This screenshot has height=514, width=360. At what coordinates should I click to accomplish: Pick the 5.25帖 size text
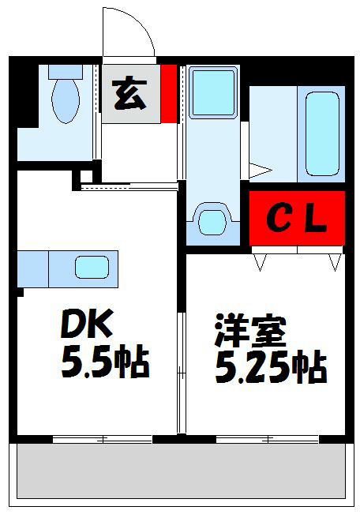point(270,367)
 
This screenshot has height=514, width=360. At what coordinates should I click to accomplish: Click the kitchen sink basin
point(92,267)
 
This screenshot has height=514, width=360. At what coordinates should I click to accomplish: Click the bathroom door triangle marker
point(261,169)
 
